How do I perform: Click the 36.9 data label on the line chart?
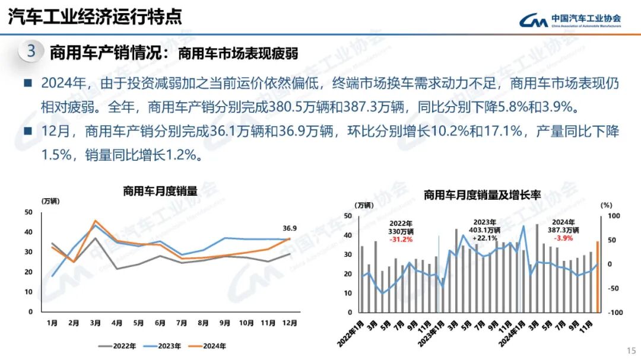tap(289, 228)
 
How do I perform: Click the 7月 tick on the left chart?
tap(182, 323)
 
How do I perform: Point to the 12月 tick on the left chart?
tap(289, 323)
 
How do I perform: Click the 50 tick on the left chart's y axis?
tap(28, 212)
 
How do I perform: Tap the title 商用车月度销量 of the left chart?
tap(160, 191)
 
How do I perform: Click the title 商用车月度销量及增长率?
tap(482, 195)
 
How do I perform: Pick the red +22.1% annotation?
tap(488, 238)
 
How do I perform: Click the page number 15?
tap(631, 350)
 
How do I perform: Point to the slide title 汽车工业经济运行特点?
tap(95, 17)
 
